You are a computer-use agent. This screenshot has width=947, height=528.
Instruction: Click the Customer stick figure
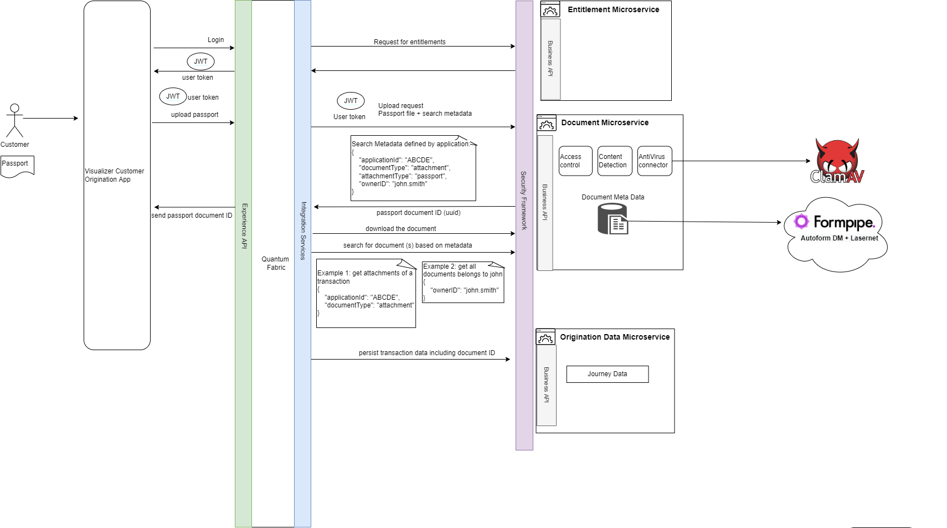click(14, 120)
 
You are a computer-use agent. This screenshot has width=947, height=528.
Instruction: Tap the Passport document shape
click(17, 165)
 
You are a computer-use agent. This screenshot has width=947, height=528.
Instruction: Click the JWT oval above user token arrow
click(200, 61)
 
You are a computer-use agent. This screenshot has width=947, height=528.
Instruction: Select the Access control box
click(575, 161)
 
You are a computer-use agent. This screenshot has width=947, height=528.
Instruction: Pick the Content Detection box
click(615, 161)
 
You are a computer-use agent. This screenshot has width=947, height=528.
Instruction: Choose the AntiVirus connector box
click(655, 161)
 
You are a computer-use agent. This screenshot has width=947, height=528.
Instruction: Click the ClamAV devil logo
click(837, 161)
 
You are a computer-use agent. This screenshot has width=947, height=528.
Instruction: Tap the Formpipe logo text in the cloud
click(843, 222)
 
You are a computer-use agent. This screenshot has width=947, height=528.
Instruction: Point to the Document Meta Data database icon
click(613, 219)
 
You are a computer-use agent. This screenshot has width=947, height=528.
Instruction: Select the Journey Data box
click(607, 375)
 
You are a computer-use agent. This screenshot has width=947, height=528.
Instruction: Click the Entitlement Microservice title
click(613, 9)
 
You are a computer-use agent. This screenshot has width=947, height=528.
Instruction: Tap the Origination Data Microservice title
click(614, 337)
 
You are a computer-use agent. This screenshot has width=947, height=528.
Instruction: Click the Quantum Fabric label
click(275, 263)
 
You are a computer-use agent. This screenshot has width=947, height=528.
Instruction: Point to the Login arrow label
click(215, 40)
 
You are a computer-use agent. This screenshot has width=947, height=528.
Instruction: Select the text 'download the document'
click(400, 229)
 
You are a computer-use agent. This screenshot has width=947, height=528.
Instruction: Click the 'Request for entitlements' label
click(409, 42)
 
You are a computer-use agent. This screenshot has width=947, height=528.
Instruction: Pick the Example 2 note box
click(463, 283)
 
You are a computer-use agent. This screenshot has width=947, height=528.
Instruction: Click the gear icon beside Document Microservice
click(547, 124)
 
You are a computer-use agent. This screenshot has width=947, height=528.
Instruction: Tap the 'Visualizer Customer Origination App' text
click(114, 175)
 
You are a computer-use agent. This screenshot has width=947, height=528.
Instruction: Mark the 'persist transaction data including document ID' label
click(426, 353)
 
